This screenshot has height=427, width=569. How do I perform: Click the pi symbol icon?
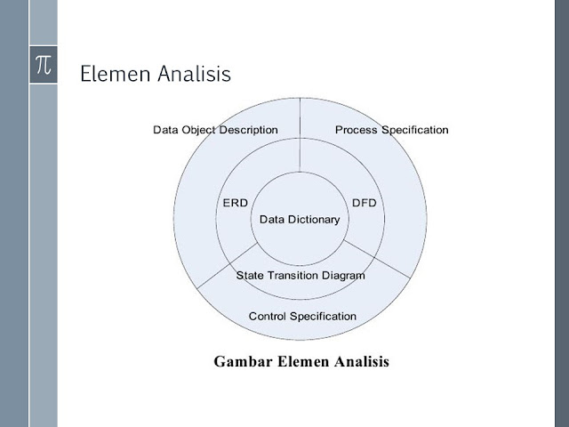[44, 65]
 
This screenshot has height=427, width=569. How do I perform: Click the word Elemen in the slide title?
[115, 74]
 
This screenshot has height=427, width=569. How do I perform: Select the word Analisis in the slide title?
[194, 74]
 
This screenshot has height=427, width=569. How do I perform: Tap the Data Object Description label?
[215, 130]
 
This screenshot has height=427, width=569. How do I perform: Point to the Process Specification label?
[391, 130]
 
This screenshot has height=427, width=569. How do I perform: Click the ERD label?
[235, 203]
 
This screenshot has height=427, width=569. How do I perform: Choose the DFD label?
[365, 203]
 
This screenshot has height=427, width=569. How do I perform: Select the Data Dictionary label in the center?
[300, 219]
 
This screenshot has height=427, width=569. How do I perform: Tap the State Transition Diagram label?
[301, 275]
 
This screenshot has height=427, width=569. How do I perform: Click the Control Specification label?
[302, 316]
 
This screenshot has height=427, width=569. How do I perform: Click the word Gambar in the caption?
[244, 362]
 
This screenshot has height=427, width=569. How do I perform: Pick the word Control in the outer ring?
[268, 316]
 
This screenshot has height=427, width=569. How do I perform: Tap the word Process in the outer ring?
[357, 130]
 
